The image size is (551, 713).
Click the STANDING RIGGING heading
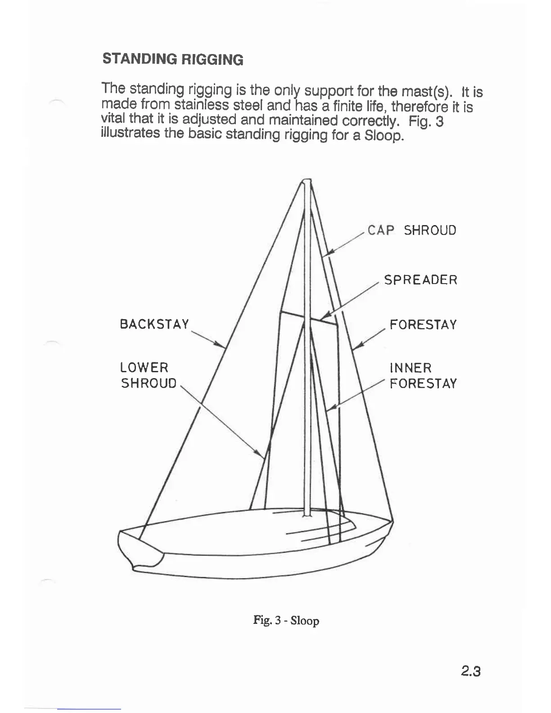[173, 59]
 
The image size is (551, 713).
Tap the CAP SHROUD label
[411, 230]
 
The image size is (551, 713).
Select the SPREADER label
[420, 280]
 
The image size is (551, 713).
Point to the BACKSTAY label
[154, 325]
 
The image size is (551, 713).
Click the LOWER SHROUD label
[148, 375]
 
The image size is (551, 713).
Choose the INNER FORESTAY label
[423, 376]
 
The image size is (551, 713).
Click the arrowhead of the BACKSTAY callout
[222, 346]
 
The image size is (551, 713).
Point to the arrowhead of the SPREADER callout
[326, 315]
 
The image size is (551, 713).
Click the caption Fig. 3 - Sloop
[286, 621]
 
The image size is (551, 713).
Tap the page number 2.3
[471, 672]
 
